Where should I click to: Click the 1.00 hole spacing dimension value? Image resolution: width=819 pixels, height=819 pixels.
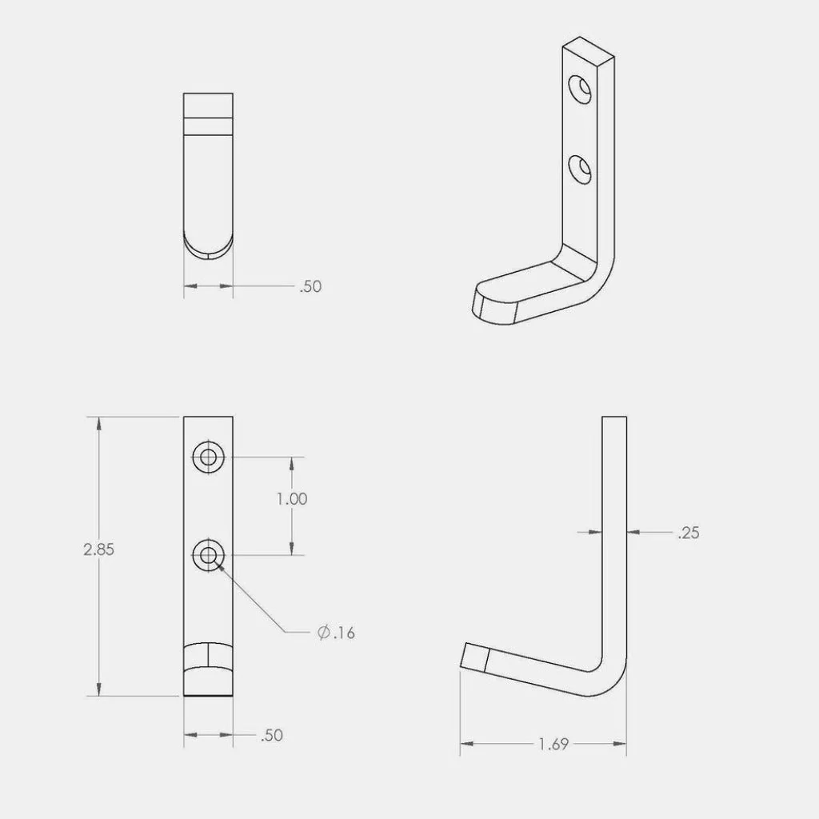(292, 498)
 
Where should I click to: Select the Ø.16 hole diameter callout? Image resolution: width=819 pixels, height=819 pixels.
(335, 633)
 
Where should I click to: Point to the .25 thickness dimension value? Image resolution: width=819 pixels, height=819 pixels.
(688, 533)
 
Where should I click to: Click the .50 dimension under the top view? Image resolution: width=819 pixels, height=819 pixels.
(310, 286)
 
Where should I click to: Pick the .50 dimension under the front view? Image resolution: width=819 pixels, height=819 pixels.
(272, 735)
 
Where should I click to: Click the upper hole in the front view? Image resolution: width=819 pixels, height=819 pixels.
(209, 457)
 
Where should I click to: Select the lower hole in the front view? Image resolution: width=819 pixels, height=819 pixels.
(209, 554)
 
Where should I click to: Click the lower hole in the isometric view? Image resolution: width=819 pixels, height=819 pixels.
(581, 169)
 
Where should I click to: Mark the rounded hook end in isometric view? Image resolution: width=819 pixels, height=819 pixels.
(489, 306)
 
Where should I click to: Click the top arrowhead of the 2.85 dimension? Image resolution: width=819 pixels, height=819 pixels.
(98, 423)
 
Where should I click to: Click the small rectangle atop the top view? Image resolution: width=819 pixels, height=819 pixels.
(208, 106)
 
